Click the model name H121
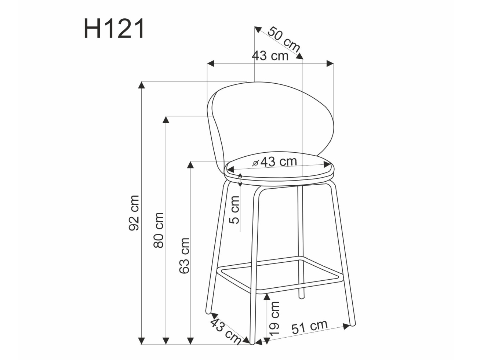click(114, 29)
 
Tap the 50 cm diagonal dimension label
click(283, 39)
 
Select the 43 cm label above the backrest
click(270, 56)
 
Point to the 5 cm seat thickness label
click(235, 210)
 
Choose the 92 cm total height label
click(134, 213)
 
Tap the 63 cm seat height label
click(184, 255)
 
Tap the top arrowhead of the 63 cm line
click(190, 164)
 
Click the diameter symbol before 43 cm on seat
click(256, 162)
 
